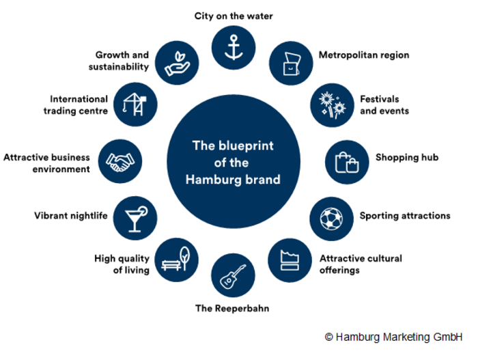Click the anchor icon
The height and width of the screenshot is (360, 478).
click(234, 46)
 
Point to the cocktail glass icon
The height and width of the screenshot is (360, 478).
click(135, 217)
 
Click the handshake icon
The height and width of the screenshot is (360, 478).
click(120, 161)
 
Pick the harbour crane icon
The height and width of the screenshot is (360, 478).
click(135, 104)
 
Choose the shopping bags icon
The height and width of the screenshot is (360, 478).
click(346, 162)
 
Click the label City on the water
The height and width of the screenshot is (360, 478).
click(234, 16)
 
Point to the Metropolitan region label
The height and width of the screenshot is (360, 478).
click(365, 55)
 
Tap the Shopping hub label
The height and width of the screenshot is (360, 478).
click(407, 157)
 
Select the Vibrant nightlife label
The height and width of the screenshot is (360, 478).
click(71, 216)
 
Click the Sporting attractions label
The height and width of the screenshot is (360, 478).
click(405, 216)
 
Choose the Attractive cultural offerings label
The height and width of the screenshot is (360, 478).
click(361, 264)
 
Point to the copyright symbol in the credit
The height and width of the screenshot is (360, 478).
click(328, 337)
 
